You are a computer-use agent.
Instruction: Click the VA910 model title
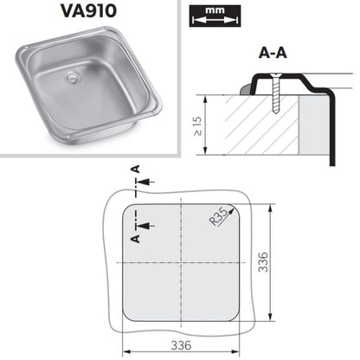tap(88, 11)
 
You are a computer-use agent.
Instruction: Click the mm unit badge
tap(215, 16)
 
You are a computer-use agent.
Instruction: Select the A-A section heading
tap(273, 53)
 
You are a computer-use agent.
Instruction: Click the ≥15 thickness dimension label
tap(198, 126)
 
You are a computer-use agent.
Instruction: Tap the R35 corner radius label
tap(218, 217)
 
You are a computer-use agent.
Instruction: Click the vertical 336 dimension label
tap(263, 262)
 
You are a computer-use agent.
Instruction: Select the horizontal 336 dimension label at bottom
tap(181, 345)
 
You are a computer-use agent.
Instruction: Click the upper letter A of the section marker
tap(136, 169)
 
